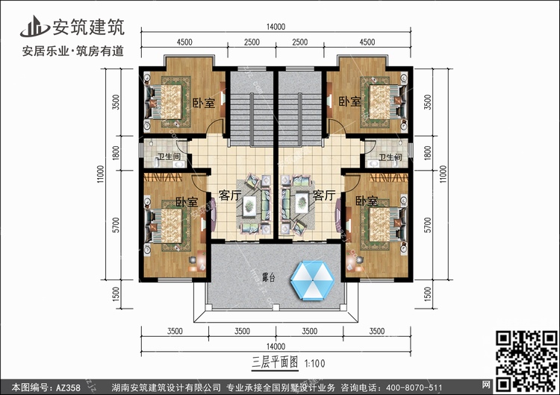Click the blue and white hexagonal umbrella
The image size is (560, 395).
point(313,280)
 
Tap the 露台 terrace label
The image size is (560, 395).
point(269,277)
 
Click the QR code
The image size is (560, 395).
point(527,361)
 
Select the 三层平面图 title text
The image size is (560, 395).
point(275,362)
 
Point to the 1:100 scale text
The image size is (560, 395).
point(314,364)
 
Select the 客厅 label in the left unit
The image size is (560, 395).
point(230,195)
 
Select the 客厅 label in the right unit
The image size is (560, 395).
point(324,195)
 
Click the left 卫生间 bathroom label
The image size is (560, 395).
point(169,157)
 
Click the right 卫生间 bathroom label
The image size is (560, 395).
point(391,157)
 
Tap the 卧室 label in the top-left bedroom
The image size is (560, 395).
point(204,103)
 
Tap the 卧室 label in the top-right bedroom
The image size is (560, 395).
point(349,101)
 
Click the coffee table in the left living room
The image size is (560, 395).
point(249,206)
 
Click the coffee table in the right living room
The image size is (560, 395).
point(302,202)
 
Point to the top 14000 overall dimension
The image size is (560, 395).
point(276,27)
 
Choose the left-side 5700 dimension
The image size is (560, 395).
point(116,225)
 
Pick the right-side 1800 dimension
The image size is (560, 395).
point(428,154)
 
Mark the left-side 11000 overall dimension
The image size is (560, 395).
point(100,174)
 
